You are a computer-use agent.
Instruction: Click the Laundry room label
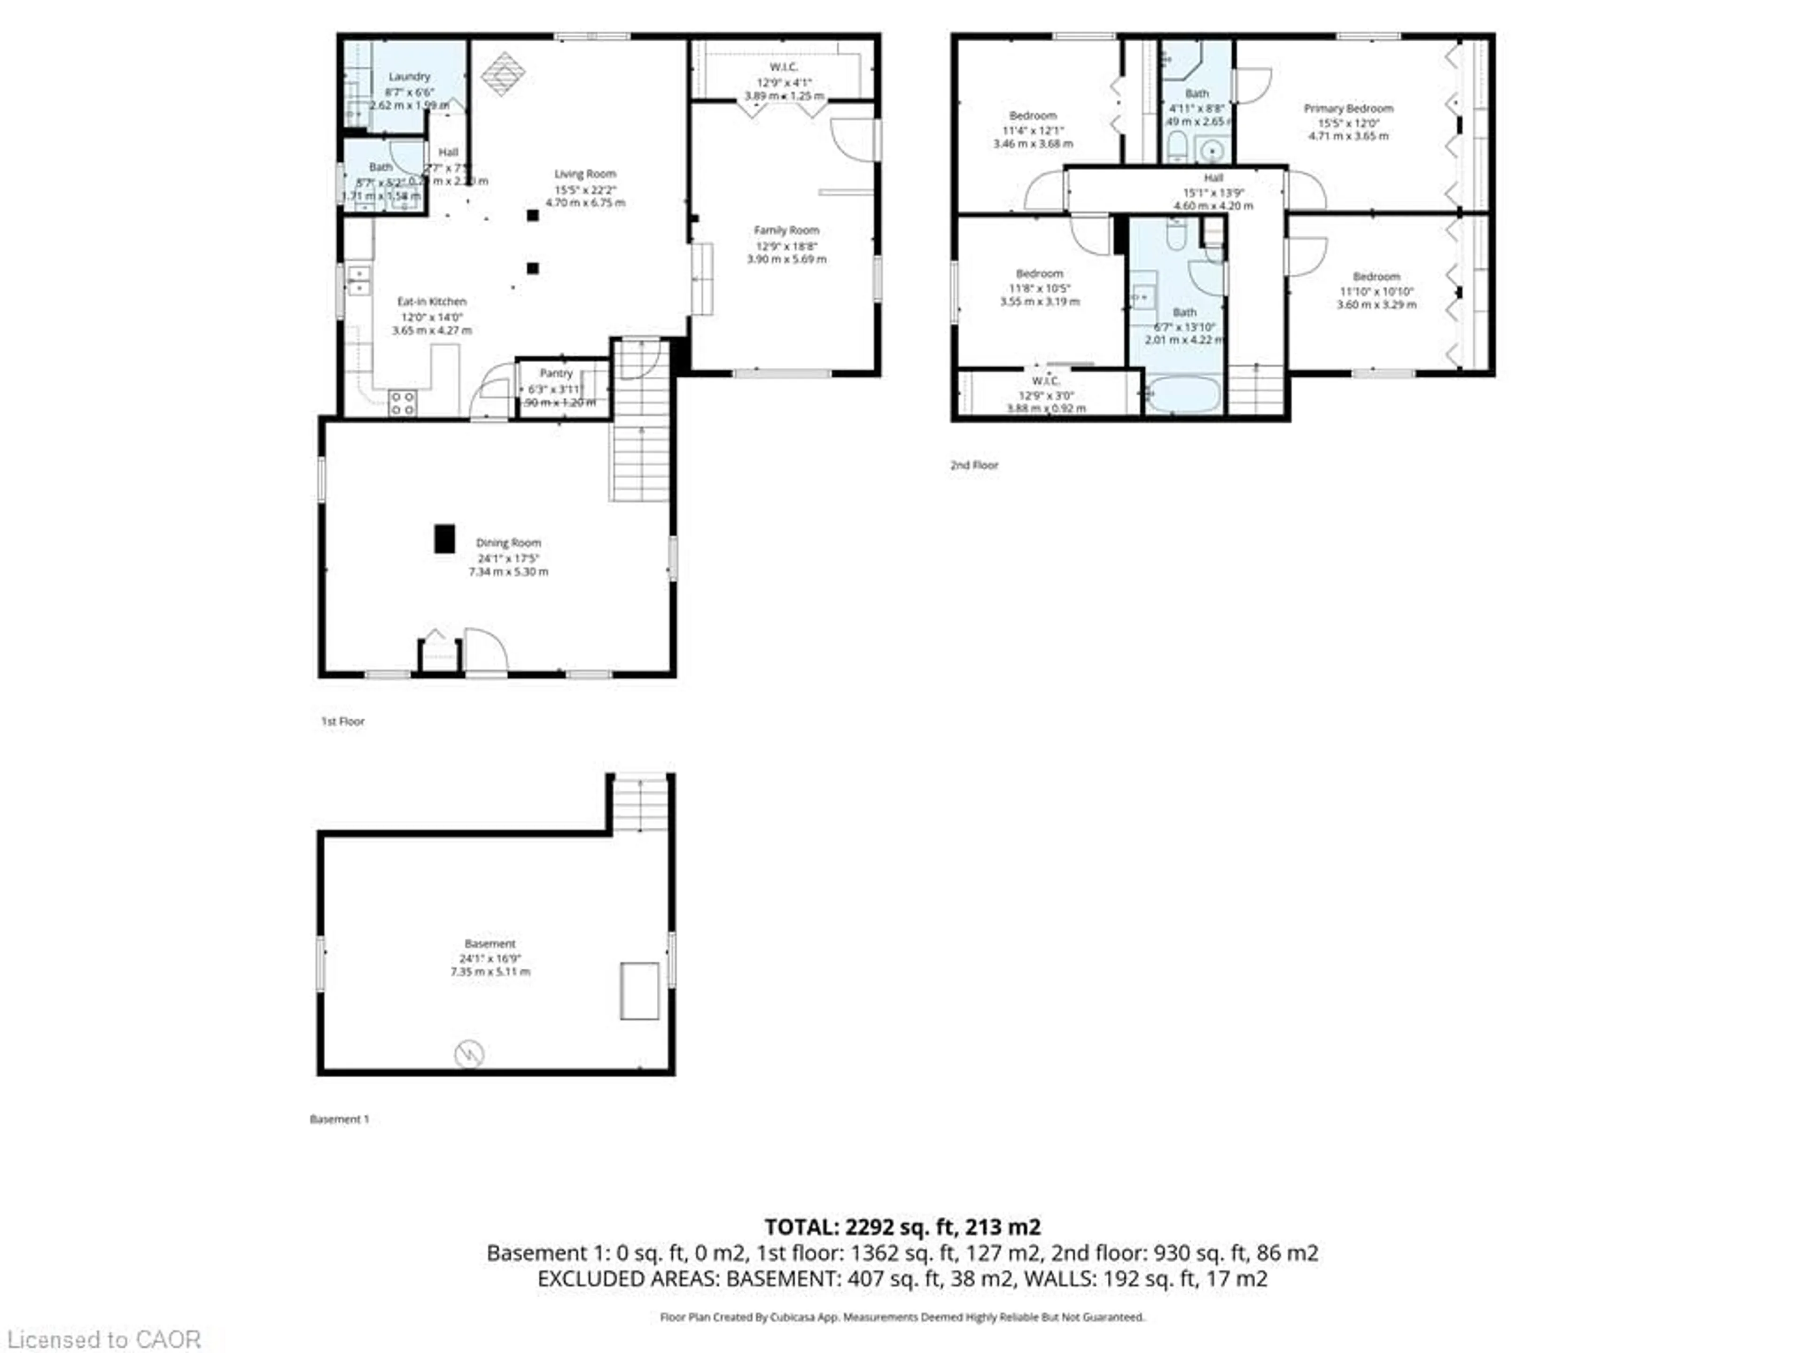409,76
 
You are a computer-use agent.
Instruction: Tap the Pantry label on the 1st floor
556,373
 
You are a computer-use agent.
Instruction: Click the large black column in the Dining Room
443,539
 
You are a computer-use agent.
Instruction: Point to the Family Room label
786,230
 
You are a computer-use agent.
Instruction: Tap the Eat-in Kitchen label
431,301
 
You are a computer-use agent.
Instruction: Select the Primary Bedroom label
1348,108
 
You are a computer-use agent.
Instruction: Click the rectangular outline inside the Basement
639,991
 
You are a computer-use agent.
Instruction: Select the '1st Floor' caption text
342,721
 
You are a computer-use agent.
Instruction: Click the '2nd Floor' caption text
974,465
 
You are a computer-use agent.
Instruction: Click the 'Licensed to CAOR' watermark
103,1339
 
